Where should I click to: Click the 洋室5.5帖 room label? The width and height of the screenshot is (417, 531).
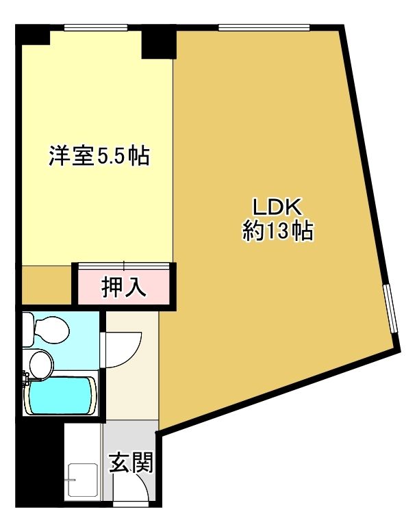click(x=99, y=156)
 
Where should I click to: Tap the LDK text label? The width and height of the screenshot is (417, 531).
click(x=278, y=206)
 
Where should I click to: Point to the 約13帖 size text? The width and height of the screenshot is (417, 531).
click(x=278, y=232)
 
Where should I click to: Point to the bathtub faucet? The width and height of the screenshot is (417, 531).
click(x=25, y=378)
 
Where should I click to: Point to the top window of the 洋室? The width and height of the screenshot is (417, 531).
click(x=95, y=27)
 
